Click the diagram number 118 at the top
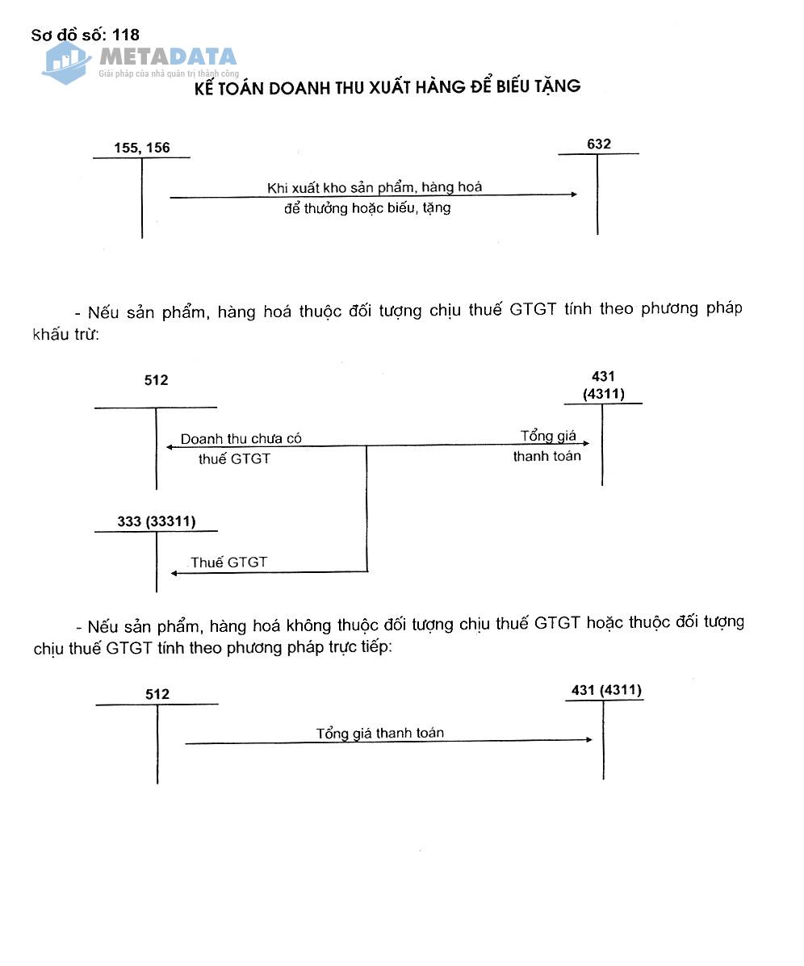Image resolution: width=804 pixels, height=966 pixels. coord(126,35)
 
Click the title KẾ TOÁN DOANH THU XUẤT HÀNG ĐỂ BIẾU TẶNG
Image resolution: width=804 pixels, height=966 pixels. coord(387,87)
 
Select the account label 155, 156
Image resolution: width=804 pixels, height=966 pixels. coord(142,148)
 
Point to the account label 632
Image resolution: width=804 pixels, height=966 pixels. coord(599,144)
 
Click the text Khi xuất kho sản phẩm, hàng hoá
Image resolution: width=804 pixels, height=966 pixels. coord(375,188)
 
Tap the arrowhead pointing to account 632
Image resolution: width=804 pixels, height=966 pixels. coord(573,194)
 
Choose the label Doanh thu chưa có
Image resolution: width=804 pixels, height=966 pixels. coord(241,439)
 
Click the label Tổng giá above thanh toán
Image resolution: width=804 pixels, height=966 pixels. coord(548,437)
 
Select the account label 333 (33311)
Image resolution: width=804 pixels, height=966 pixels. coord(156,521)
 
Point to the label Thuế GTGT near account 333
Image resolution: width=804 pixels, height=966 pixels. coord(228,562)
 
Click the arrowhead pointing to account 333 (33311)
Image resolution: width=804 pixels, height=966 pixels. coord(174,573)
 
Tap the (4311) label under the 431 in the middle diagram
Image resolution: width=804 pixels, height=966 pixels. coord(603,394)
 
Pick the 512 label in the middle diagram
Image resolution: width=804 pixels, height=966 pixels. coord(157,380)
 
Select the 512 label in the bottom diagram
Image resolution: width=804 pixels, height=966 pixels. coord(157,694)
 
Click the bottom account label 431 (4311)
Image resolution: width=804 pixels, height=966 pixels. coord(606,690)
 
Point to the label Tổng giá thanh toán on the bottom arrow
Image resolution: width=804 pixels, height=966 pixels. coord(379,734)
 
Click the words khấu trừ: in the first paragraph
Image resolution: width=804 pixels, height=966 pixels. coord(65,334)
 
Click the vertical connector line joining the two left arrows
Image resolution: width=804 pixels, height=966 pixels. coord(367,508)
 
